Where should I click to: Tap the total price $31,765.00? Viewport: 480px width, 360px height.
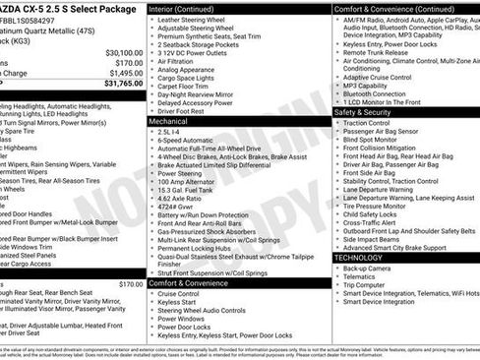(117, 84)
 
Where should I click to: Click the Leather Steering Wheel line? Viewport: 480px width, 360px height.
(197, 20)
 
